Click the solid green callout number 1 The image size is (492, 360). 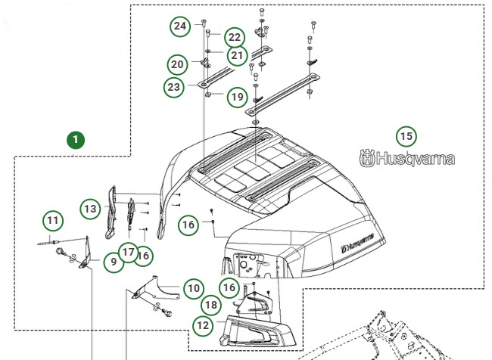coord(75,140)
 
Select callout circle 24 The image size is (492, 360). coord(179,26)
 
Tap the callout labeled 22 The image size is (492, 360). coord(234,37)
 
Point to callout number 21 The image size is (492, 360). coord(238,54)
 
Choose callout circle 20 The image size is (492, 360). coord(177,64)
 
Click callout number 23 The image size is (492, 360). coord(174,87)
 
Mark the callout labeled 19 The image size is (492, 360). coord(237,97)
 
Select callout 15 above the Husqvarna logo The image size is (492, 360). coord(406,136)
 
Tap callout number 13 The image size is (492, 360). coord(91,208)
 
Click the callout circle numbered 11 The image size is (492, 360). coord(52,222)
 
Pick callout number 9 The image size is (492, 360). coord(113,262)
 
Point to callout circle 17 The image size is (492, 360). coord(128,252)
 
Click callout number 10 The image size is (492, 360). coord(194,288)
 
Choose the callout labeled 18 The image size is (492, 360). coord(211,305)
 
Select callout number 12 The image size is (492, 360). coord(202,326)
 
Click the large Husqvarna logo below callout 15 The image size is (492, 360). coord(407,160)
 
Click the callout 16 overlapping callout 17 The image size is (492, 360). coord(143,256)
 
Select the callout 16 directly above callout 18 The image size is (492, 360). coord(229,287)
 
